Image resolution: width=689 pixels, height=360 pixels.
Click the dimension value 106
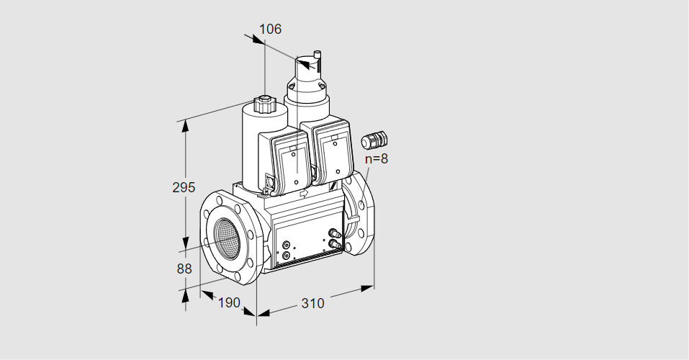[270, 30]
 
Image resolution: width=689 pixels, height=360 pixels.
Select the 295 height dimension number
[184, 188]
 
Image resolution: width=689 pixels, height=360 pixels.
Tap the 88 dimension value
[184, 269]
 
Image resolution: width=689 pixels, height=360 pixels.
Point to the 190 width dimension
[228, 303]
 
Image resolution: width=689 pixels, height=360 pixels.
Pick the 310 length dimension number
[312, 304]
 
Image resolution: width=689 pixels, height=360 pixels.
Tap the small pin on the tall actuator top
[317, 54]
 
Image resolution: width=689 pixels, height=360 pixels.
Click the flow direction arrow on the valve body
[303, 193]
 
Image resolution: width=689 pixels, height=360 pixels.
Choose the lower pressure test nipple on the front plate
[333, 245]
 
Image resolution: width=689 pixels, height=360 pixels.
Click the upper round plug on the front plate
[287, 245]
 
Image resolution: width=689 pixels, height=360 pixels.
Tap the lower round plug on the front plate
[287, 255]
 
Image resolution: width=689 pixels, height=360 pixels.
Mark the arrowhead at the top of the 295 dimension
[186, 125]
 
